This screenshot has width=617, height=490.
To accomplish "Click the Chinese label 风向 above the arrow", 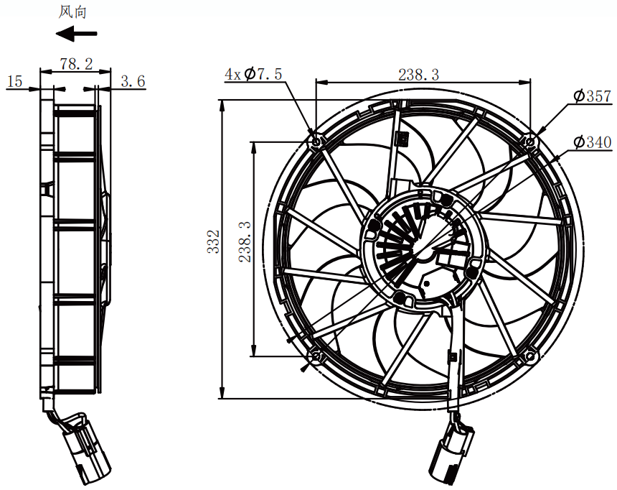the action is pos(72,11).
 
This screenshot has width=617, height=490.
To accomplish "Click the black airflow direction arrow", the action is pos(76,34).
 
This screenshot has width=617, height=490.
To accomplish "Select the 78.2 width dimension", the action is pos(76,63).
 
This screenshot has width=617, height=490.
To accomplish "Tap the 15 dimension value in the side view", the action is pos(15,81).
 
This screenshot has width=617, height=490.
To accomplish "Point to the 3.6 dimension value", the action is pos(133,81).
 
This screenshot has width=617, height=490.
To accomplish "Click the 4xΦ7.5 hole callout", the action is pos(253,74).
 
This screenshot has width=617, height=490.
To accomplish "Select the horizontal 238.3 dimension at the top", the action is pos(419,74).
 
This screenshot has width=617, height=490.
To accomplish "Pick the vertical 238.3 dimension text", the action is pos(245,241).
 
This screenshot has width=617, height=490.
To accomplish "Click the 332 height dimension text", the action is pos(214,241).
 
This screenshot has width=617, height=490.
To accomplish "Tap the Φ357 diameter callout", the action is pos(592,96).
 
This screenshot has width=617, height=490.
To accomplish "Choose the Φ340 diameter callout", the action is pos(592,142).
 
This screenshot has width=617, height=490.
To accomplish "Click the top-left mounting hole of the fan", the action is pos(316,142).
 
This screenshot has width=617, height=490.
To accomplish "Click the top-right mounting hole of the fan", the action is pos(530,141).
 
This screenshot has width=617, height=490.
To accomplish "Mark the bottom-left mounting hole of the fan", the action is pos(316,357).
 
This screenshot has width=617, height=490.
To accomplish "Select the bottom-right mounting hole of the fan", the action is pos(530,357).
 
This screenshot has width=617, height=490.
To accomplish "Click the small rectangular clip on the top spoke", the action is pos(402,138).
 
